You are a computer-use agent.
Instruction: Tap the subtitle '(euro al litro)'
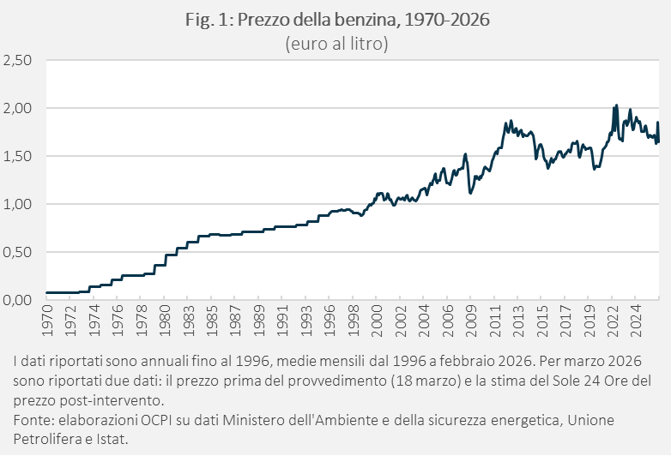click(336, 43)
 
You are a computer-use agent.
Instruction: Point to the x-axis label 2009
click(470, 321)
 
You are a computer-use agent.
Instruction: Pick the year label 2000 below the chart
click(376, 321)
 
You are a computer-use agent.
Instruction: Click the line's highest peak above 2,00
click(616, 106)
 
